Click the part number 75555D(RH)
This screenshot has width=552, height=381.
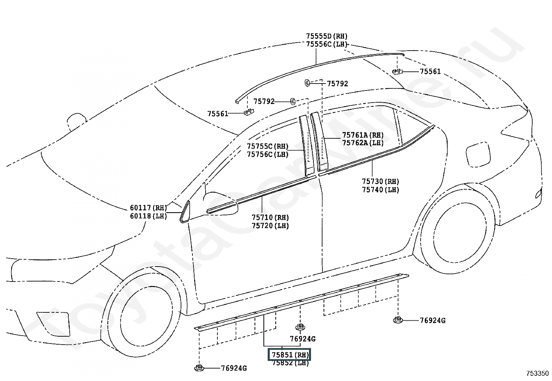[x=327, y=36]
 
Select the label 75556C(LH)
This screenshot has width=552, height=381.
[x=327, y=44]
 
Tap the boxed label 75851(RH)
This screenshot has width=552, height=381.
[x=290, y=355]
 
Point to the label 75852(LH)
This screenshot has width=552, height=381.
[x=290, y=363]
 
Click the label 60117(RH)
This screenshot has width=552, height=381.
[x=148, y=208]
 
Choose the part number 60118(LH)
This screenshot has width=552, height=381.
[x=148, y=216]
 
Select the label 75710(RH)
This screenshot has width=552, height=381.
[x=270, y=218]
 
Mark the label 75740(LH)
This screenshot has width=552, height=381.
[x=380, y=190]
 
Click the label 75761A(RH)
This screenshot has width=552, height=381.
[x=363, y=135]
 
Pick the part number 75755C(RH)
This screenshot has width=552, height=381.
[x=268, y=146]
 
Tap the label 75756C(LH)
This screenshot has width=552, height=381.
[x=268, y=155]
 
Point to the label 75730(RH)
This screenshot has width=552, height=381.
[x=380, y=182]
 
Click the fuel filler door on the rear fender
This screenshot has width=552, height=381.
[x=478, y=155]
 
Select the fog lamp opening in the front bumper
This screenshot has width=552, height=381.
[x=53, y=324]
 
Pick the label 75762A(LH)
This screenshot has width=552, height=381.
[x=363, y=143]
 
